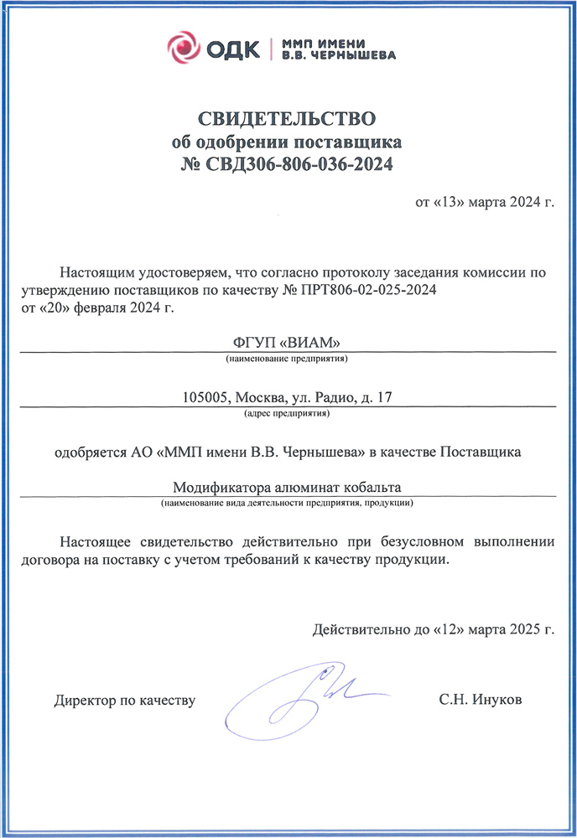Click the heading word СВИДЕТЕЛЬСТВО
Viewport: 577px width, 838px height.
pos(288,116)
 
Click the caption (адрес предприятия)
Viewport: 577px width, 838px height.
pos(287,414)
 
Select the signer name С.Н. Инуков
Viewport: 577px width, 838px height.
pos(480,700)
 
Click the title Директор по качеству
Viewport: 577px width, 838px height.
pos(125,700)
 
